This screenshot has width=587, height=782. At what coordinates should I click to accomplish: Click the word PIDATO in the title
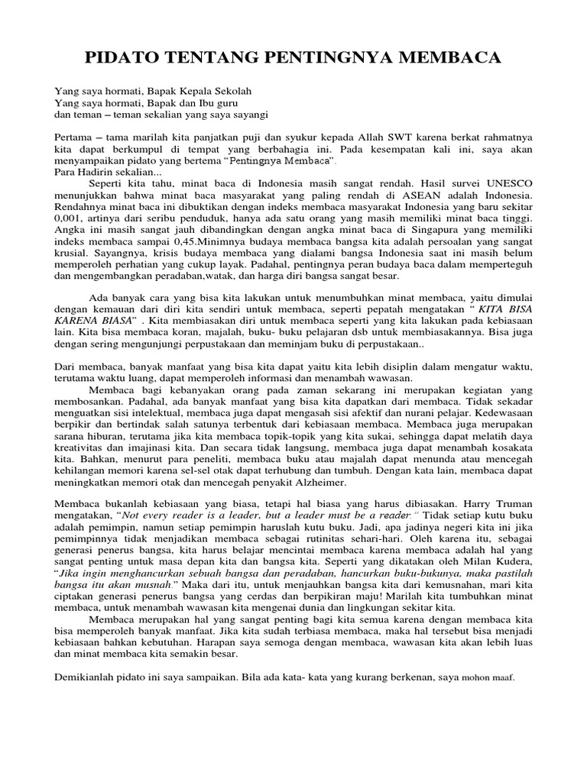125,58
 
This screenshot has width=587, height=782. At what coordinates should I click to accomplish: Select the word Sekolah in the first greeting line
233,91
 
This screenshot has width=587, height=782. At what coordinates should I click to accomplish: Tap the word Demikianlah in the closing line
86,677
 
